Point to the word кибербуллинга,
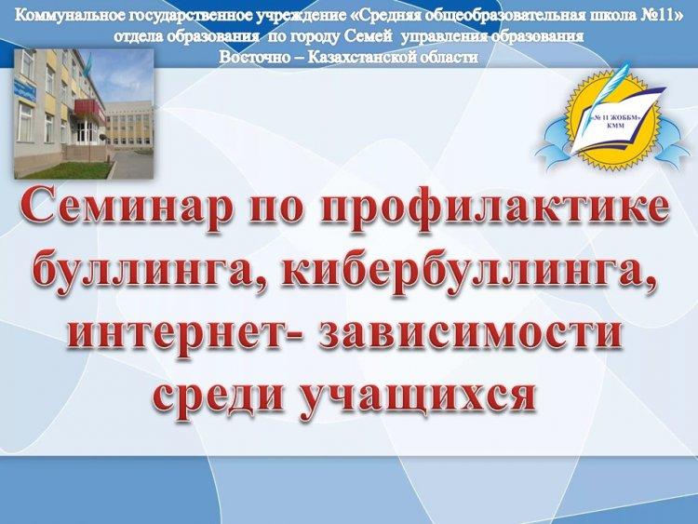click(x=468, y=273)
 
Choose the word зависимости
click(x=471, y=333)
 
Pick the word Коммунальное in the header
click(x=70, y=16)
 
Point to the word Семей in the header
click(x=369, y=36)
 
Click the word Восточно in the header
click(x=253, y=57)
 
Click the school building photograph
click(x=84, y=114)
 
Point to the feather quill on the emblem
click(x=613, y=86)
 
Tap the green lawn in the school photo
click(x=67, y=169)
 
